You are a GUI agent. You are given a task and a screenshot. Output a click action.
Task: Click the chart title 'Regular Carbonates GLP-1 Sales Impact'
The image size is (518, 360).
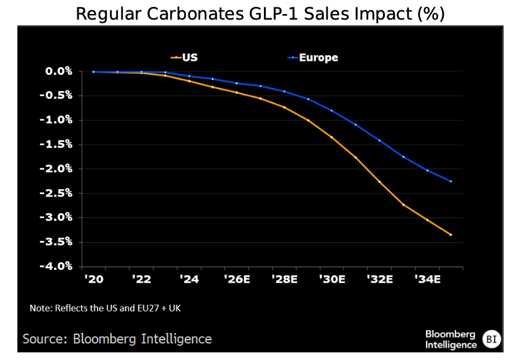[260, 14]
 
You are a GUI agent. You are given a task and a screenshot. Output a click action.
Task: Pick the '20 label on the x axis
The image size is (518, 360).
[93, 280]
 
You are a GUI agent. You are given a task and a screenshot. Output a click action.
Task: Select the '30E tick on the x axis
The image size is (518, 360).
[331, 280]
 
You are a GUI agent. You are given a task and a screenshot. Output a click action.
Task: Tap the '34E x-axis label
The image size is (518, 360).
[427, 280]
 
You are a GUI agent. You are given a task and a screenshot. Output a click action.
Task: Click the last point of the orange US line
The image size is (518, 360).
[451, 235]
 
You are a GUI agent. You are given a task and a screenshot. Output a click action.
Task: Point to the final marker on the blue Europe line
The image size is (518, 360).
[451, 181]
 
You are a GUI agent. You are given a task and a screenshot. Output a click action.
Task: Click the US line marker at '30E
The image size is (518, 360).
[331, 136]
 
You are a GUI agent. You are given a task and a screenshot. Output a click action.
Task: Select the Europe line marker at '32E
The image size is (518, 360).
[379, 141]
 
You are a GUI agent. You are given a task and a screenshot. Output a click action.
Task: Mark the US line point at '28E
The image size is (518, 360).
[284, 107]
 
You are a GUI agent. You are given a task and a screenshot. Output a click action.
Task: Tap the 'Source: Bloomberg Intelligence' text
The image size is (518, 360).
[117, 338]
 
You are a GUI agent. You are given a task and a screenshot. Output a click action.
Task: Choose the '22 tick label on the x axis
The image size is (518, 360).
[141, 280]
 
